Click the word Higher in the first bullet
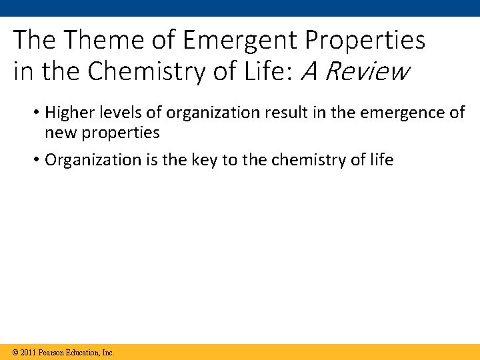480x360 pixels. pos(65,113)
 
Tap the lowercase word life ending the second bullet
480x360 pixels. pos(382,160)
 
